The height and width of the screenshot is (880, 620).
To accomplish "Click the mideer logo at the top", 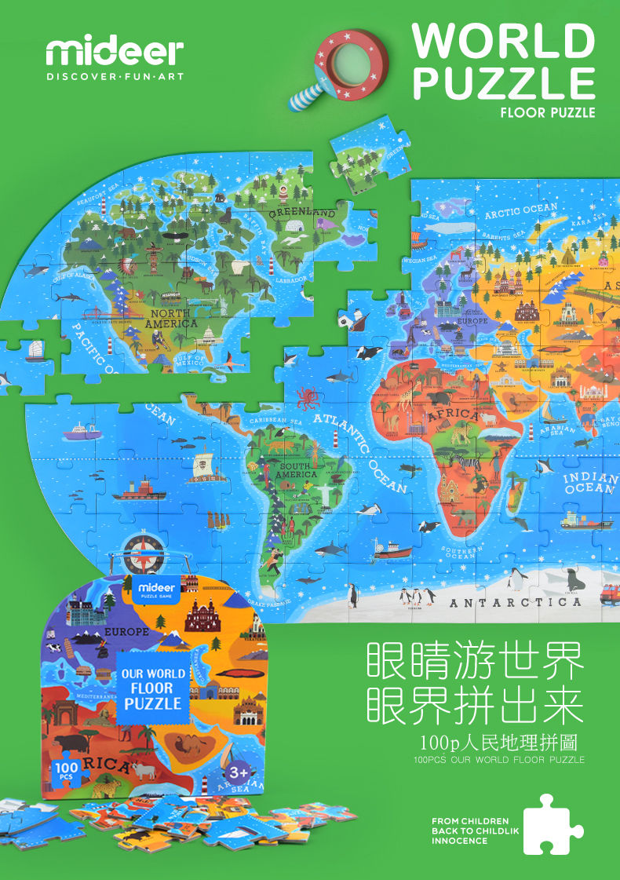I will tap(114, 52).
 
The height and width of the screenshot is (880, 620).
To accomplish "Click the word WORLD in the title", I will tap(503, 40).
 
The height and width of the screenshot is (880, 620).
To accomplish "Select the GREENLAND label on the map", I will tap(302, 212).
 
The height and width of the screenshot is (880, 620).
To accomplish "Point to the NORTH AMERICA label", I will tap(170, 318).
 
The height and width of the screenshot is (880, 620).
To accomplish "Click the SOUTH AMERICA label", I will tap(296, 470).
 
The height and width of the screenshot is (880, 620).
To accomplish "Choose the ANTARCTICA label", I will tap(515, 602).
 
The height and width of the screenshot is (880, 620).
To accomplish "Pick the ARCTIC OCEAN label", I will tap(520, 210).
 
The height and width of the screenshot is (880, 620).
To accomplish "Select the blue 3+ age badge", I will tap(238, 772).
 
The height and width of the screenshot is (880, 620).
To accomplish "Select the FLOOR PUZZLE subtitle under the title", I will tap(547, 113).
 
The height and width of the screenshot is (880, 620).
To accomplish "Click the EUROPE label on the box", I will tap(126, 631).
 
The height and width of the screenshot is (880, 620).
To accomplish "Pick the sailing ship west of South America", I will tap(209, 466).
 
